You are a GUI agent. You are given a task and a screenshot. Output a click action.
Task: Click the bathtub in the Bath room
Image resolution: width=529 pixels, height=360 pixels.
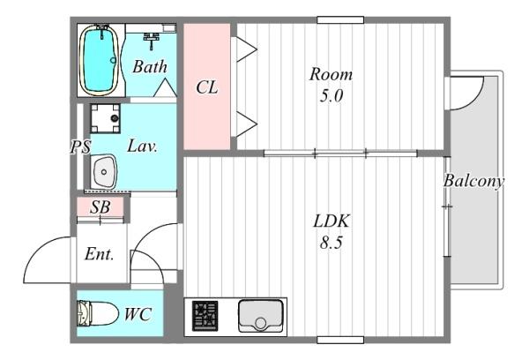point(99,60)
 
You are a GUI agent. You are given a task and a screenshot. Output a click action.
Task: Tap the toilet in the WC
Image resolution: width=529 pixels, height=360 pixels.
point(97,314)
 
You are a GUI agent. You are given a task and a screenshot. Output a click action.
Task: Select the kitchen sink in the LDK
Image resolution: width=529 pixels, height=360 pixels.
point(260,316)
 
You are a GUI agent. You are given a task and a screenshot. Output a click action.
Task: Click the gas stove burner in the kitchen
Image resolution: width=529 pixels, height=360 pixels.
point(205,316)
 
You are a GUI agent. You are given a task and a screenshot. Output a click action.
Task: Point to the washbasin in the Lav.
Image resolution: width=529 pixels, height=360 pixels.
point(104,171)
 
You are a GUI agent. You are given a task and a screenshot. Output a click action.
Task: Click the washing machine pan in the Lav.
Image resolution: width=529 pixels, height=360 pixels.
point(105,118)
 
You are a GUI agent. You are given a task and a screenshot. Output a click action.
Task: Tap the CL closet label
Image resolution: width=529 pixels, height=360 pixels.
point(207,87)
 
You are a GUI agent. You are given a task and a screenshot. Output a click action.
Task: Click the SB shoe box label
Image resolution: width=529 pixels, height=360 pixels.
point(100,206)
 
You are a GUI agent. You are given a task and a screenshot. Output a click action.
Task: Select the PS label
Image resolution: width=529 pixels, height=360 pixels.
point(80,147)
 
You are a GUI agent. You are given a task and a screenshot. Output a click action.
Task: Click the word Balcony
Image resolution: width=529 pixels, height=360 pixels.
point(473,182)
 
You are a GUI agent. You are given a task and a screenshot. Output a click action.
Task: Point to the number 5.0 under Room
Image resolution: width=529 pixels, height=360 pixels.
point(331,96)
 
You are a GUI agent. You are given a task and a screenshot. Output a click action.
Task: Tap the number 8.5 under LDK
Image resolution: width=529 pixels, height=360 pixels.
point(331,243)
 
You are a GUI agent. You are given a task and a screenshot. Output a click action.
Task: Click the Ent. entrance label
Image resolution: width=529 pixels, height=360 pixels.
point(99,254)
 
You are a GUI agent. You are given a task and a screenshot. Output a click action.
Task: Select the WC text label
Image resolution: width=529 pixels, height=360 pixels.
point(138,314)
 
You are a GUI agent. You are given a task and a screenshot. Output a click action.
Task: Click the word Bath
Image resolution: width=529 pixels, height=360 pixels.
point(150,66)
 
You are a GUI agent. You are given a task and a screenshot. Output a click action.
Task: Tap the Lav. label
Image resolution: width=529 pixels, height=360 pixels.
point(142,146)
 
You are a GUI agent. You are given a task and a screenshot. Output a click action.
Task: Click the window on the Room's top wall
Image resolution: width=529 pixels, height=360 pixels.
point(340,20)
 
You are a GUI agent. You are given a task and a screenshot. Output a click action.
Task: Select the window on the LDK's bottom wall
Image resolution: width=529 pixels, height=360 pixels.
point(340,340)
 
